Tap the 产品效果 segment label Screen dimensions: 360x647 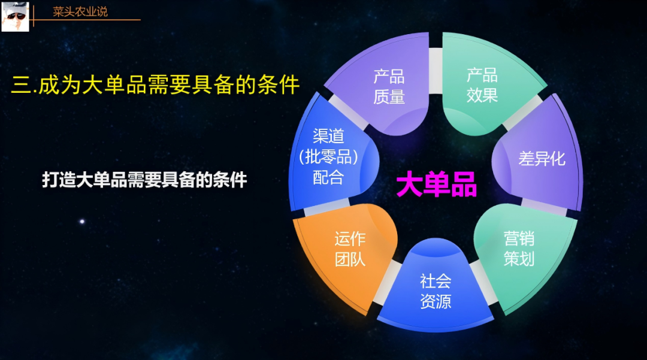(x=482, y=85)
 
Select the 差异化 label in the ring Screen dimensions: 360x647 (x=542, y=160)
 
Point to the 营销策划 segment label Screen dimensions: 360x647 (x=519, y=249)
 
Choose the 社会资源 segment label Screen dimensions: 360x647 (x=436, y=291)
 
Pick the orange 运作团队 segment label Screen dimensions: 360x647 (x=350, y=249)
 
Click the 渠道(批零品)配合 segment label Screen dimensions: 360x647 (x=328, y=157)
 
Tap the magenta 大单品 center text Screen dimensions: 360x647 (x=436, y=185)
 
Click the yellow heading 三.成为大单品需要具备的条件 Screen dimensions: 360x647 (x=155, y=84)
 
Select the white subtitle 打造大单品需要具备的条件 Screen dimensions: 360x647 (x=144, y=180)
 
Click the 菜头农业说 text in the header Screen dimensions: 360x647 (x=80, y=12)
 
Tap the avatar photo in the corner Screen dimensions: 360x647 (x=15, y=16)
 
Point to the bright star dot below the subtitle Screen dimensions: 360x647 (x=82, y=222)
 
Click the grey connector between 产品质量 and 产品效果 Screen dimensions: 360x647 (x=436, y=61)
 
